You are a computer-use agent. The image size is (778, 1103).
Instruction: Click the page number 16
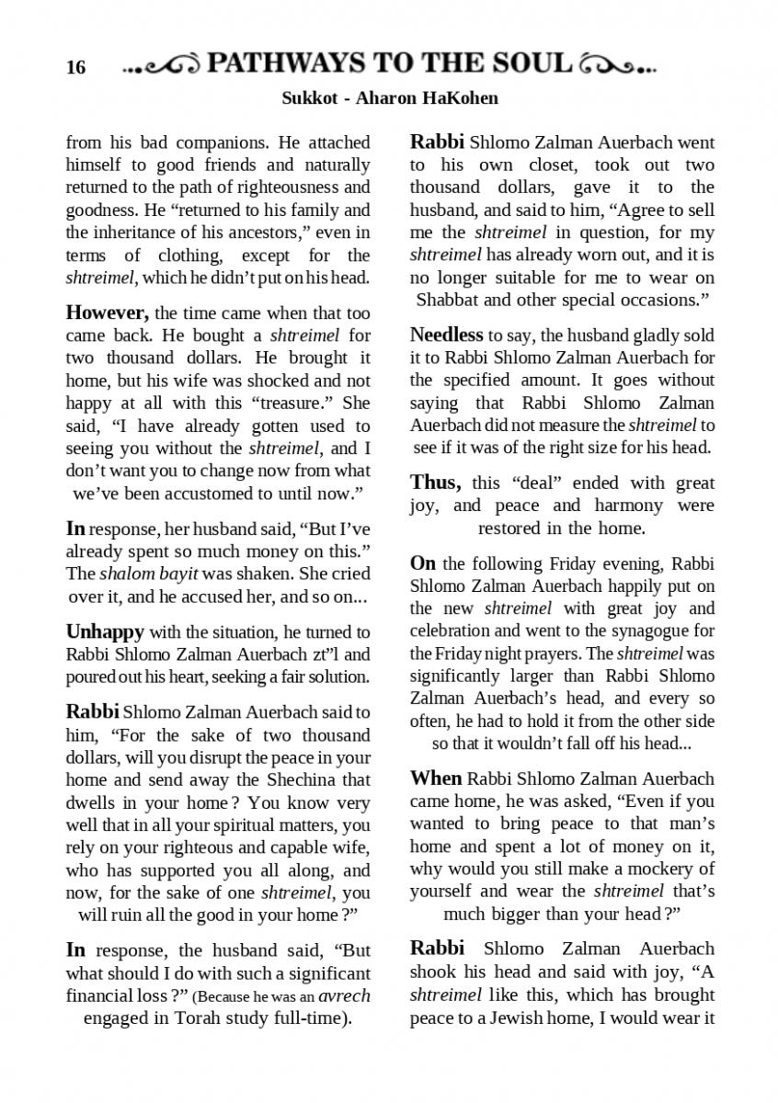click(x=75, y=68)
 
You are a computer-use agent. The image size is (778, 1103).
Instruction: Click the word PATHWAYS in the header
click(x=285, y=63)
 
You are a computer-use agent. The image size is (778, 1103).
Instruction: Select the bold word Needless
click(x=446, y=335)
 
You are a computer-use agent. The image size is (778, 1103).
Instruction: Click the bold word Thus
click(x=434, y=483)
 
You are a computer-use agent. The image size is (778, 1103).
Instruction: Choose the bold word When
click(x=436, y=779)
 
